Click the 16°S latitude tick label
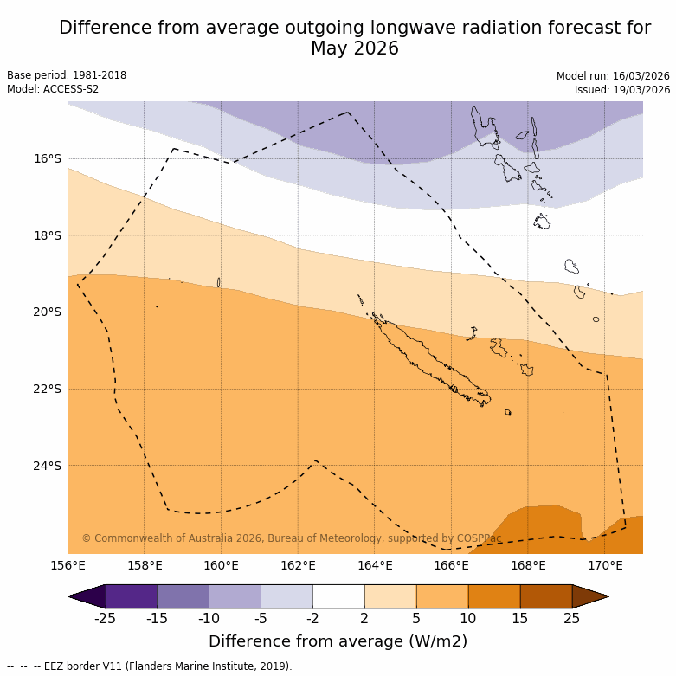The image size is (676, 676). [48, 158]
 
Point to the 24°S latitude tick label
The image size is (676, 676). [48, 466]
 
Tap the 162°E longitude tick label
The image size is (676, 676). [298, 566]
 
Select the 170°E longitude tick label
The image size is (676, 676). [605, 566]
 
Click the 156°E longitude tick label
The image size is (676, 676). [68, 566]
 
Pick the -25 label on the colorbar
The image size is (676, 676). [105, 618]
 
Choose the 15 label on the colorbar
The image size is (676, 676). [520, 618]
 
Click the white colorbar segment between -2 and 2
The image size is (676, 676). [338, 596]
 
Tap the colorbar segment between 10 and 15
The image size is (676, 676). [494, 596]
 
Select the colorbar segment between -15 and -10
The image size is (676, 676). [183, 596]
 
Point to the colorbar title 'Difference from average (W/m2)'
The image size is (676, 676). [338, 641]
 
